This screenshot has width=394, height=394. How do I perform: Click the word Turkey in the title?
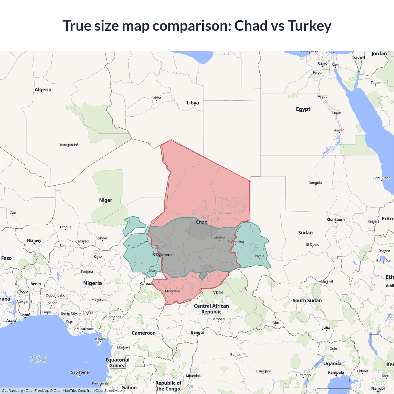(309, 26)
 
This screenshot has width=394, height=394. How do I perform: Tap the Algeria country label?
(43, 90)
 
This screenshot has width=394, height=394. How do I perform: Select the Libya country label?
(193, 103)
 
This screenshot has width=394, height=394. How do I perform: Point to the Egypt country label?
(303, 109)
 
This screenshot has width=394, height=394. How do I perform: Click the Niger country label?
(106, 200)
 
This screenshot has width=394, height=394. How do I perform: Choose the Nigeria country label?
(92, 283)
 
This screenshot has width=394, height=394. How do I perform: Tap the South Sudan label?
(307, 300)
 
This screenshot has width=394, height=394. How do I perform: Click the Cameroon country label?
(143, 333)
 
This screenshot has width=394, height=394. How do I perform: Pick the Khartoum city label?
(336, 219)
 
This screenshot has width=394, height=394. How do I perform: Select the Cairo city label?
(323, 63)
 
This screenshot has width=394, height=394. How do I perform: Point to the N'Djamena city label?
(162, 255)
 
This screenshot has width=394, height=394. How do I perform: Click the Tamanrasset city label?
(68, 144)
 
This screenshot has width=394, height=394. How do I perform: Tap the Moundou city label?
(172, 291)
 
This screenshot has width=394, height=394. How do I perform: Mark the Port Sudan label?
(382, 178)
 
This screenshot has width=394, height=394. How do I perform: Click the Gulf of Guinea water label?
(38, 359)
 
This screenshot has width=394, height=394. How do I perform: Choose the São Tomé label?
(80, 372)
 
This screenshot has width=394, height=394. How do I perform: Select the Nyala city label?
(259, 256)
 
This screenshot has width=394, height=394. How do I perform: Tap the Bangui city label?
(197, 332)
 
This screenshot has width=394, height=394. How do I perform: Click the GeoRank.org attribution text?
(12, 391)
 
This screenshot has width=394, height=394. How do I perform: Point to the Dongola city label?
(315, 183)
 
